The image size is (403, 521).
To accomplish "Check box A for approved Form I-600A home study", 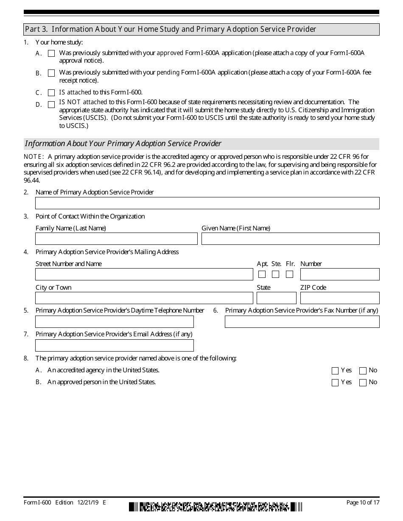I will [x=51, y=54].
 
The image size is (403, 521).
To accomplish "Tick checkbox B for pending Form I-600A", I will [x=51, y=73].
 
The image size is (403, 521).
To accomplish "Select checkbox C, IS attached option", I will [x=51, y=93].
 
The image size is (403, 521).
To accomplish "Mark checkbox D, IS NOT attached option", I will [x=51, y=105].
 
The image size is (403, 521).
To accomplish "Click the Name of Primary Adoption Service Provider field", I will [x=207, y=203].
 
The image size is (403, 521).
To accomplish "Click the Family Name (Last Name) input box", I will [x=116, y=239].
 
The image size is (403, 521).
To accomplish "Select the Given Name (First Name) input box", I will [x=290, y=239].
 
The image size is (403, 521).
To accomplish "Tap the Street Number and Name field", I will [x=144, y=274].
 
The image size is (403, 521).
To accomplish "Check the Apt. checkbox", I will [x=262, y=274].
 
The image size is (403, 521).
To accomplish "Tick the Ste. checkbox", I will [x=276, y=274].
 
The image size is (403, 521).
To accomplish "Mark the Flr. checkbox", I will [x=289, y=274].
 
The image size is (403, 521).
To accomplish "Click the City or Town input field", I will [x=144, y=298].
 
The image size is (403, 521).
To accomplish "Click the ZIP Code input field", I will [x=340, y=298].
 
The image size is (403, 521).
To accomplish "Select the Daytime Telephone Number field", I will [x=115, y=322].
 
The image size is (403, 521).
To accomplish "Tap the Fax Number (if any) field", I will [x=302, y=322].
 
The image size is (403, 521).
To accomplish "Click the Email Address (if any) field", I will [x=115, y=346].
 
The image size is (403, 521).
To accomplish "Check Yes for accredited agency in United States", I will [x=335, y=371].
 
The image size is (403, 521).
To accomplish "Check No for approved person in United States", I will [x=363, y=383].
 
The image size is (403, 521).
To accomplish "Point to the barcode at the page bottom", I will [x=215, y=507].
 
